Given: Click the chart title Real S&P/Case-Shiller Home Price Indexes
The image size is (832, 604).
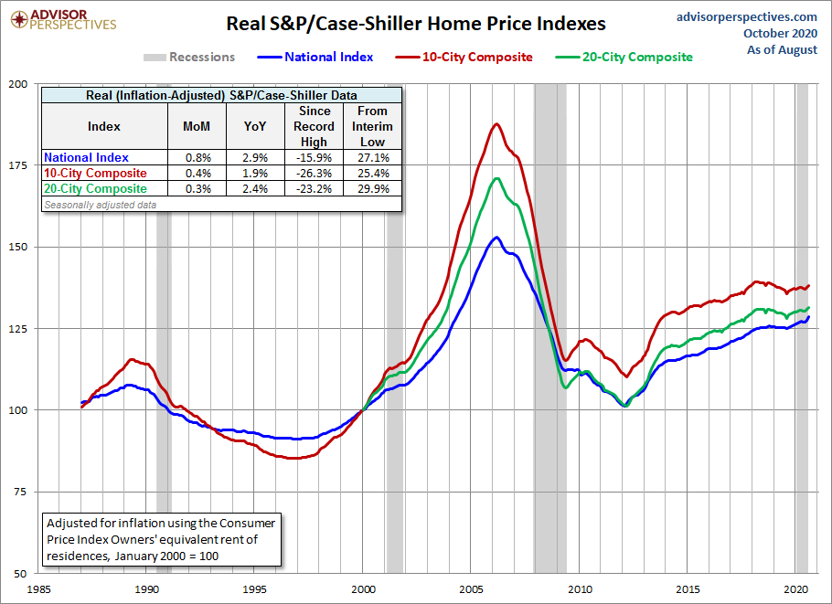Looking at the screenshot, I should tap(416, 23).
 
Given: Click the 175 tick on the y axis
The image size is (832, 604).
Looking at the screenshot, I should tap(17, 164).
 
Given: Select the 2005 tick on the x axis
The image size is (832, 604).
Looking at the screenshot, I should tap(472, 589).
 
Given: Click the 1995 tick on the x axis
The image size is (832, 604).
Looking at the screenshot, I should tap(255, 589).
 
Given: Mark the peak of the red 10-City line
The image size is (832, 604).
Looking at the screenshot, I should tap(496, 123).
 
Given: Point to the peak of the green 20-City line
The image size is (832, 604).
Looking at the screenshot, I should tap(496, 178).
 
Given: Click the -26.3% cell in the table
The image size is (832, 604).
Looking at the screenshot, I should tap(314, 174).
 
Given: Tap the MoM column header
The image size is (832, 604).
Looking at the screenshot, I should tap(197, 126).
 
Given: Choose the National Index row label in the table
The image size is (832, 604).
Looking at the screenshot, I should tap(87, 158).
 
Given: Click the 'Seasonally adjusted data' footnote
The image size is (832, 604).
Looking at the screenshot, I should tap(100, 205).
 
